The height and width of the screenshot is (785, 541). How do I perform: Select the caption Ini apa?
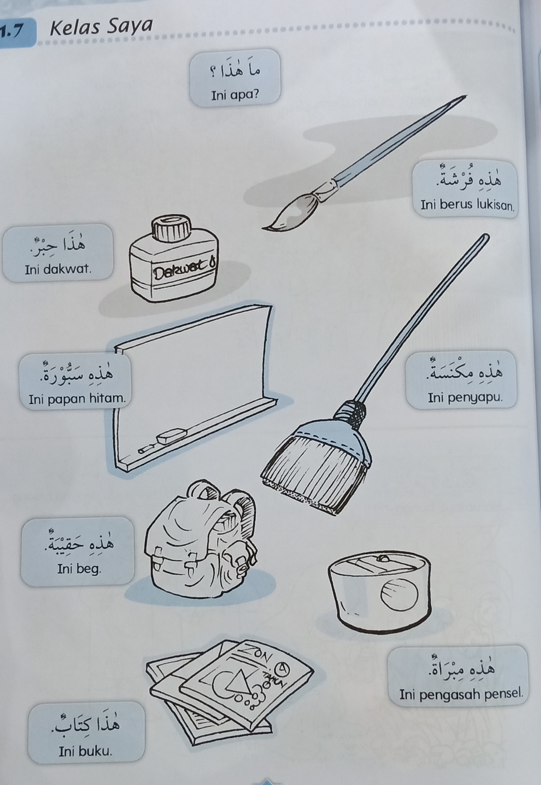coord(235,94)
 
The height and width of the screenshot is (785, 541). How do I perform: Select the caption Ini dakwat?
coord(58,269)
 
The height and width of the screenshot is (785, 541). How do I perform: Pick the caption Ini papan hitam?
coord(77,399)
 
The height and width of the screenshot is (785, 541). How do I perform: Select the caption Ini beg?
coord(79,569)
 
